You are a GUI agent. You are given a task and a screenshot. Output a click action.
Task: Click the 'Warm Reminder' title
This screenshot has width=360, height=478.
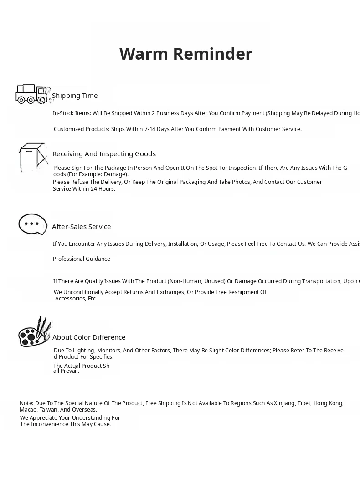(185, 54)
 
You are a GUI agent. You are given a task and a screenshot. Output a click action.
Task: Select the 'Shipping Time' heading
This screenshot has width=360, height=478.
(75, 96)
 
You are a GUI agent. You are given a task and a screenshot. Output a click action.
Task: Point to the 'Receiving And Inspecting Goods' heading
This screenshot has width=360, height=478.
(104, 154)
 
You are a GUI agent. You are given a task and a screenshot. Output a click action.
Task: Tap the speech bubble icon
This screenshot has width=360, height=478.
(32, 224)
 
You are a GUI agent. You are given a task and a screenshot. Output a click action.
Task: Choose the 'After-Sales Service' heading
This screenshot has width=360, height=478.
(81, 227)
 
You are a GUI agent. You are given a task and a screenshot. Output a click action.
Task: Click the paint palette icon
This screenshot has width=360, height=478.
(34, 332)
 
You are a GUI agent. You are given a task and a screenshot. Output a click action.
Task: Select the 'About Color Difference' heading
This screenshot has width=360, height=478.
(89, 337)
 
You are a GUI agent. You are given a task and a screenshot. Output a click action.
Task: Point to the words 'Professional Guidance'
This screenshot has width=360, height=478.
(82, 259)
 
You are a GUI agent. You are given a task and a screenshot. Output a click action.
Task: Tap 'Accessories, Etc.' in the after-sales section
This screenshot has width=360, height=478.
(76, 299)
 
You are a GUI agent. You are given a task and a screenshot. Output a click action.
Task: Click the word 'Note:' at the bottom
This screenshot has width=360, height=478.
(26, 403)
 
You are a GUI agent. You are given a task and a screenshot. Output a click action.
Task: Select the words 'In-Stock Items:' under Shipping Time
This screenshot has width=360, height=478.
(72, 113)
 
